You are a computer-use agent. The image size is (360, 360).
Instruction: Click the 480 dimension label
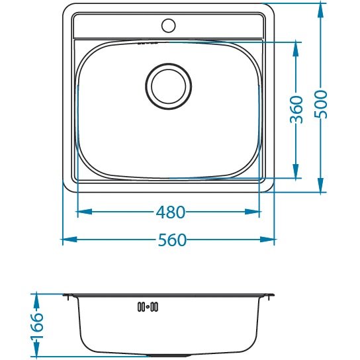coord(170,212)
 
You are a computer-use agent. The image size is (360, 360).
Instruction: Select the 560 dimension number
coord(172,240)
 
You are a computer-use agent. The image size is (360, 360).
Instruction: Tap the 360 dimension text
coord(296,110)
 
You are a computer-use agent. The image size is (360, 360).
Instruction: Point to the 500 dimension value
coord(320,105)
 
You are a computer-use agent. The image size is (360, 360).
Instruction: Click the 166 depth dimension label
coord(36,326)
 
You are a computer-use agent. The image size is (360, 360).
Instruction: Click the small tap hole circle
coord(169,25)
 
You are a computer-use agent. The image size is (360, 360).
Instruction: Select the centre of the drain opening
coord(169,86)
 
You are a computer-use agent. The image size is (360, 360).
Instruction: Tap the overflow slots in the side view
coord(148,307)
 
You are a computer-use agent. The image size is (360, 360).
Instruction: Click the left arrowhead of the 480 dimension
coord(85,212)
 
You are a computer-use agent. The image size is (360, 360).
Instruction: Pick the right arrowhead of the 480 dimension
coord(252,212)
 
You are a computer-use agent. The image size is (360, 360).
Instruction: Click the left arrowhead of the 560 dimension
coord(69,240)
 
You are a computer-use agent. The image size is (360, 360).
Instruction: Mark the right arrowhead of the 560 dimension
coord(267,240)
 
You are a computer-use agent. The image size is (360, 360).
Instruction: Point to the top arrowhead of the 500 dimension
coord(320,11)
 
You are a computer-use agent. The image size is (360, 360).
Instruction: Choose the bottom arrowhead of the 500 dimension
coord(320,185)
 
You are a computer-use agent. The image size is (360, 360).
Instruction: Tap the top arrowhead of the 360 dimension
coord(296,50)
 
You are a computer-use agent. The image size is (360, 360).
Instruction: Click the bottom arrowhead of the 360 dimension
coord(296,171)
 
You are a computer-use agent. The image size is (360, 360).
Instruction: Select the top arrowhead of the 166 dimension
coord(36,301)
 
